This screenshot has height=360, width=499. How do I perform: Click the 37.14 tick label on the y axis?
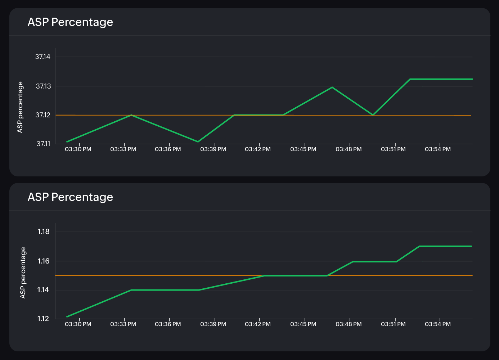pyautogui.click(x=43, y=57)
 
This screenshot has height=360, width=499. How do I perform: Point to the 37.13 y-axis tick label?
pyautogui.click(x=43, y=86)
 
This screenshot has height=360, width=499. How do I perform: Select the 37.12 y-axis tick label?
pyautogui.click(x=43, y=115)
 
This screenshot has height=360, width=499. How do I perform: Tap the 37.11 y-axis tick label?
pyautogui.click(x=43, y=144)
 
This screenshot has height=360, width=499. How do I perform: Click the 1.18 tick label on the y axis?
pyautogui.click(x=44, y=232)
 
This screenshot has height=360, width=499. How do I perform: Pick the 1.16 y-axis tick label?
pyautogui.click(x=44, y=261)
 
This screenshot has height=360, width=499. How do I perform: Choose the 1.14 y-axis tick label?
pyautogui.click(x=44, y=290)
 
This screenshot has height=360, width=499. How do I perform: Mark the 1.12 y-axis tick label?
pyautogui.click(x=44, y=319)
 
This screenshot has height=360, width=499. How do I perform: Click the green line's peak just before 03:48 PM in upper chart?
pyautogui.click(x=332, y=87)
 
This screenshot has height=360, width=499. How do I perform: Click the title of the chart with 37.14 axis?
pyautogui.click(x=70, y=22)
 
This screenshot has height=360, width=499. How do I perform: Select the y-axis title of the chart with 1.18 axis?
pyautogui.click(x=23, y=273)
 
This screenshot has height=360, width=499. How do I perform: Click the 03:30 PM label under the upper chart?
pyautogui.click(x=78, y=149)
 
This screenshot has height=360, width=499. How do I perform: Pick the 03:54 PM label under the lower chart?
pyautogui.click(x=438, y=324)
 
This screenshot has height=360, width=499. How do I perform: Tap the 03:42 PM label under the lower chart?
pyautogui.click(x=258, y=324)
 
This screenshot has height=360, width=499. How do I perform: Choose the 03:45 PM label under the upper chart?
pyautogui.click(x=303, y=149)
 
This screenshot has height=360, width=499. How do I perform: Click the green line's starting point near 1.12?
pyautogui.click(x=67, y=317)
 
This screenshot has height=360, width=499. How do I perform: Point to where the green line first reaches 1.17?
pyautogui.click(x=419, y=246)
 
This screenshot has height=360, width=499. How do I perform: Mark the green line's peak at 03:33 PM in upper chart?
pyautogui.click(x=132, y=115)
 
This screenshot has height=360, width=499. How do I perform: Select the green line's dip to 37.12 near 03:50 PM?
pyautogui.click(x=373, y=115)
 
